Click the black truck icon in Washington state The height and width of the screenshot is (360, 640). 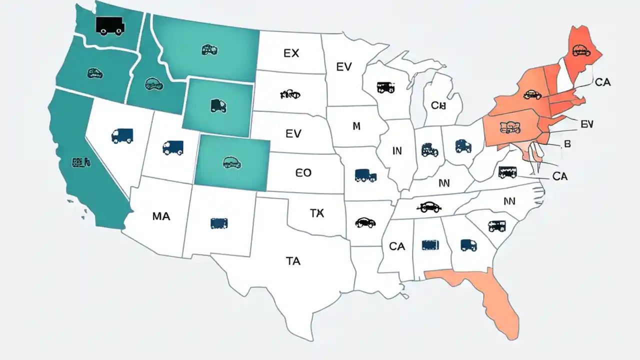point(109,25)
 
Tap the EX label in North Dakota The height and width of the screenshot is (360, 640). point(291,53)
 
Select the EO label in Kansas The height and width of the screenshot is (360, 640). point(303,173)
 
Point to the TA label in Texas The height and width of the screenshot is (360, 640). point(293,260)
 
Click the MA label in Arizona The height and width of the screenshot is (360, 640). point(161,216)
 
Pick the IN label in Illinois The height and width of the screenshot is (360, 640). point(396,151)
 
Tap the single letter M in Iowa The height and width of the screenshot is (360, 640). point(356,126)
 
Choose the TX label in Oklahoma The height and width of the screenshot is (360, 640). point(317,213)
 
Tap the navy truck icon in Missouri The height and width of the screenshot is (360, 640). point(365,175)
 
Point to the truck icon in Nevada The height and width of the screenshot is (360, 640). point(122,135)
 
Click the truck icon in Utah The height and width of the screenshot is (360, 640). point(173,147)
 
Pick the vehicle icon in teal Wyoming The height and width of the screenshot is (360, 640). point(218,105)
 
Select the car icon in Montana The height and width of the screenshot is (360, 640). point(209,49)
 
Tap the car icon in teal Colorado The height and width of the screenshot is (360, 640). point(232,162)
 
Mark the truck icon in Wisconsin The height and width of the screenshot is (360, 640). point(386,87)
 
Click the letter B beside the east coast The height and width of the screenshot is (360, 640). point(567,144)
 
